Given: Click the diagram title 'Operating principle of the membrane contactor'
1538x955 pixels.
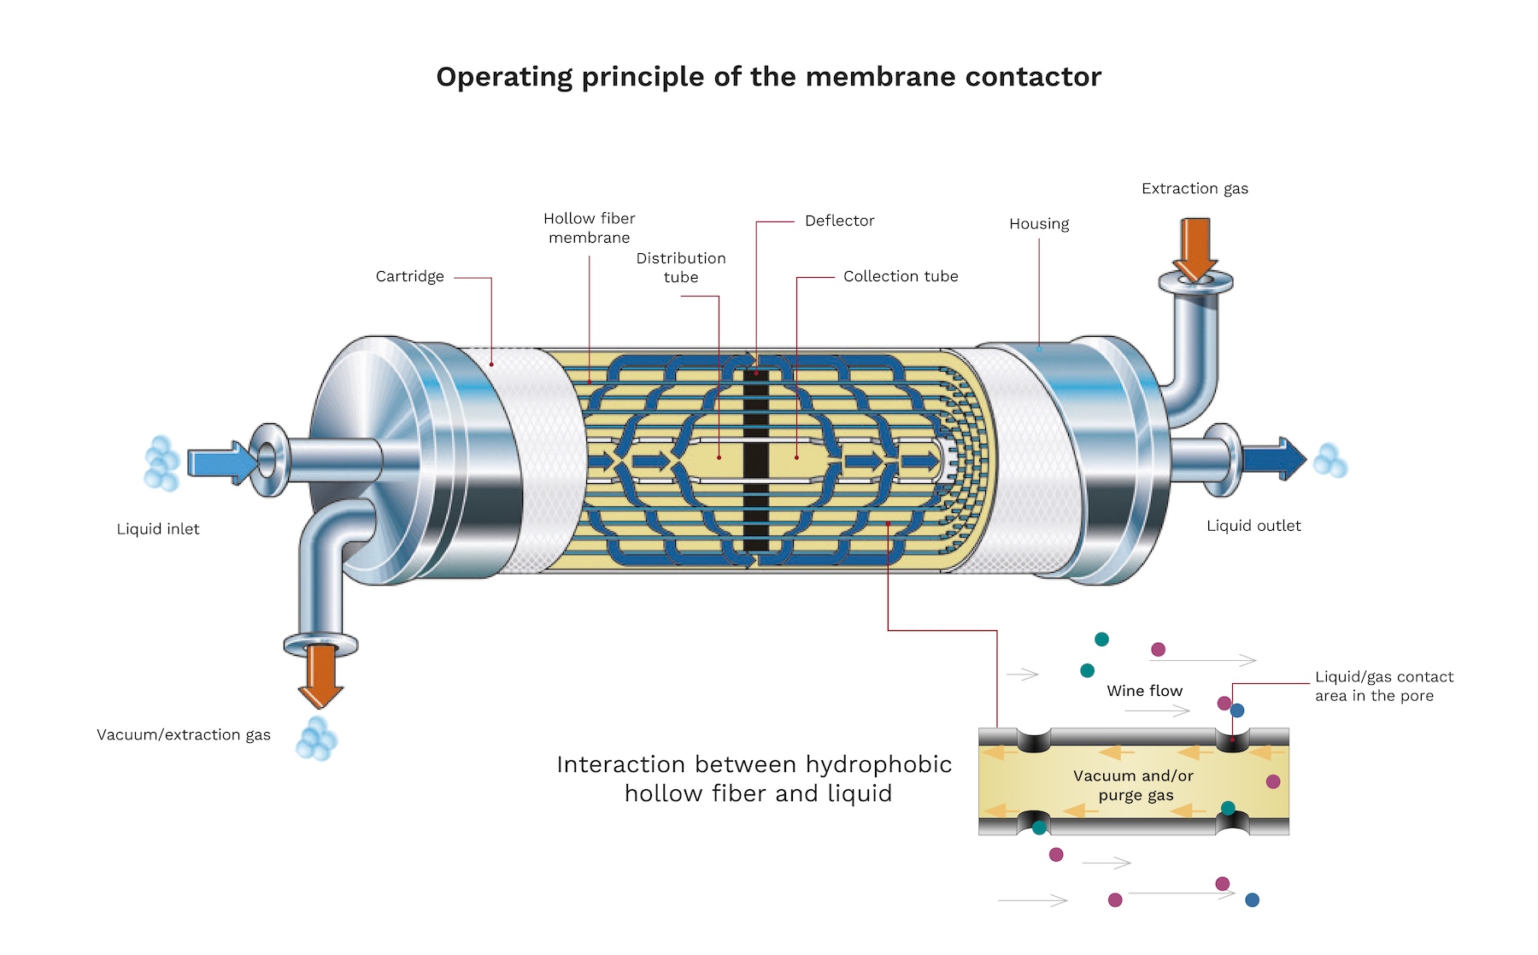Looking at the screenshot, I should click(x=768, y=77).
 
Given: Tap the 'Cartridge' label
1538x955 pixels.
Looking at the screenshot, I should click(x=409, y=276).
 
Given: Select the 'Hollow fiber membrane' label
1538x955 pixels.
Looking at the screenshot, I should click(x=589, y=227).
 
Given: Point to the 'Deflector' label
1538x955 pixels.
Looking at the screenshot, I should click(x=839, y=221).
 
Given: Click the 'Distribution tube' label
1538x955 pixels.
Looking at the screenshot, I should click(x=681, y=267).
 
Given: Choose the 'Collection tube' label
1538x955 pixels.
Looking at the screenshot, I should click(x=900, y=276).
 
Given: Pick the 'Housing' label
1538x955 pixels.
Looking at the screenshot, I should click(x=1038, y=224).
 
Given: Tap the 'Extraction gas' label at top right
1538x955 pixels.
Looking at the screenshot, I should click(x=1195, y=188).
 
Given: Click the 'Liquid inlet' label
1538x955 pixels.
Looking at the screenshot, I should click(x=158, y=529).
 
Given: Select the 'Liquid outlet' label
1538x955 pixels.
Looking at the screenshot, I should click(x=1253, y=526).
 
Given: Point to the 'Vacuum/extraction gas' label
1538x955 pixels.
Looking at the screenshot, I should click(x=184, y=734).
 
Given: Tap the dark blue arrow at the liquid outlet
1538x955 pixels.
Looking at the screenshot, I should click(x=1274, y=459).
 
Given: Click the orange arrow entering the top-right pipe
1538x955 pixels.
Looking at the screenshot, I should click(x=1195, y=248).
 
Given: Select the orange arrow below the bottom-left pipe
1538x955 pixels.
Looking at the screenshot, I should click(x=321, y=675).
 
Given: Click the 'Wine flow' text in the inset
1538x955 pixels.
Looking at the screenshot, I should click(x=1144, y=691).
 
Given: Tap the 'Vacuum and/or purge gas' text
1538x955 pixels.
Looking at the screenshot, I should click(x=1134, y=785).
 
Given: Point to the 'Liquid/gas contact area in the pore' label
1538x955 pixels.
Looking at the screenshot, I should click(x=1383, y=686).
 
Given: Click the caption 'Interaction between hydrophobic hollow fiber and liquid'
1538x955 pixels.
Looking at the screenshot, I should click(x=755, y=778).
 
